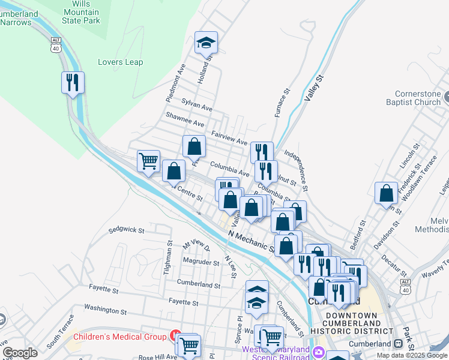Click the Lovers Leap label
tap(120, 62)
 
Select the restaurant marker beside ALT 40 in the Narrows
tap(73, 82)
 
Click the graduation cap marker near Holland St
tap(206, 42)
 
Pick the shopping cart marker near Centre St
tap(148, 161)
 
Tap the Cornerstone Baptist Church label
tap(421, 98)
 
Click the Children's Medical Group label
tap(119, 337)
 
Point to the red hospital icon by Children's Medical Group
tap(175, 335)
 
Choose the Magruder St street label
tap(201, 262)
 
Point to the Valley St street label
tap(314, 88)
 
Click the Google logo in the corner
tap(20, 353)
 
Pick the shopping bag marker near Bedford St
tap(387, 193)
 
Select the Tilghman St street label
tap(169, 258)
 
